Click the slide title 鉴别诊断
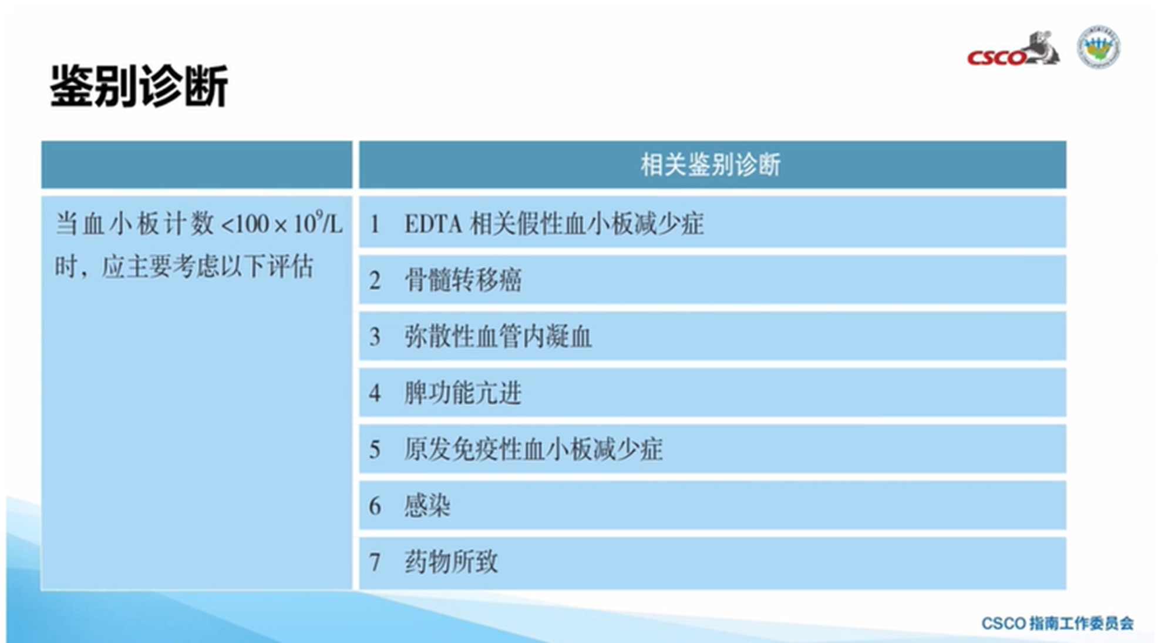click(x=139, y=86)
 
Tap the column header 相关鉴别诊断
click(x=711, y=165)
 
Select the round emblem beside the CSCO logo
click(x=1099, y=47)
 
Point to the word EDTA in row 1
click(x=433, y=224)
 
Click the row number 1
click(x=375, y=224)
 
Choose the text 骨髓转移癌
click(x=463, y=280)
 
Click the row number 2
click(x=375, y=280)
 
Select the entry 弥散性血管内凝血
click(x=498, y=337)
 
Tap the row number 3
click(x=375, y=337)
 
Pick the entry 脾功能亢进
click(x=463, y=393)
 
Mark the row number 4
click(x=375, y=393)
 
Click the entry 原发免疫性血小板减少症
click(x=533, y=450)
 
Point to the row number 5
click(x=375, y=450)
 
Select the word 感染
click(x=427, y=505)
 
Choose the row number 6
click(x=375, y=506)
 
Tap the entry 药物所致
click(x=451, y=562)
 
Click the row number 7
click(x=375, y=562)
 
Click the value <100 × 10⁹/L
click(x=282, y=223)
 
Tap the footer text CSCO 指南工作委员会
click(x=1057, y=623)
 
